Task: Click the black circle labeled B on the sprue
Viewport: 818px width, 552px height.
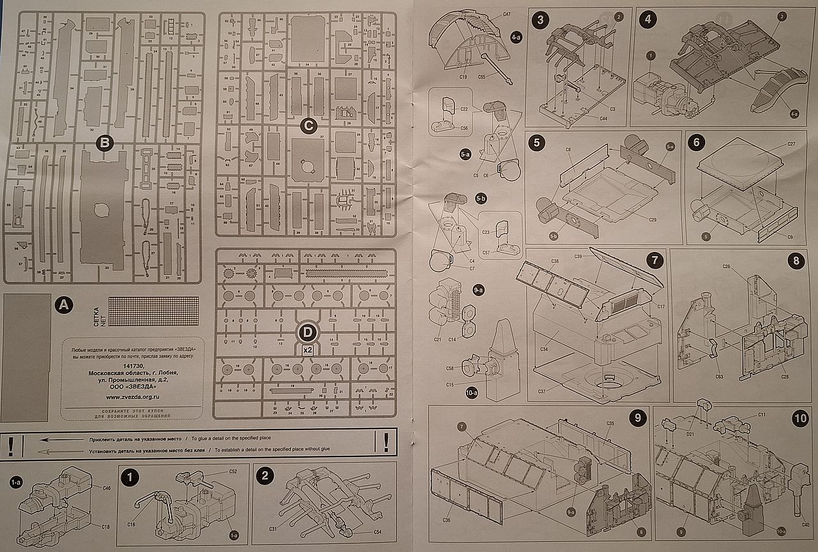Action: click(x=104, y=142)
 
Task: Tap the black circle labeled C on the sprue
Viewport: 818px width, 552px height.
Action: click(x=308, y=126)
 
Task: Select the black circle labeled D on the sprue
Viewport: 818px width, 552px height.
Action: click(x=308, y=331)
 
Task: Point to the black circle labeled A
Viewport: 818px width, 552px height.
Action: click(x=63, y=305)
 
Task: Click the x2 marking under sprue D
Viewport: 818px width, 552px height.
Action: click(x=308, y=350)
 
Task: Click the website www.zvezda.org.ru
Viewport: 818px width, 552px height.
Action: click(x=134, y=397)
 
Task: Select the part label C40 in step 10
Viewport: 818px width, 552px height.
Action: click(x=805, y=525)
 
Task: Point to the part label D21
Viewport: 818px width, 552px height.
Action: click(x=691, y=434)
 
